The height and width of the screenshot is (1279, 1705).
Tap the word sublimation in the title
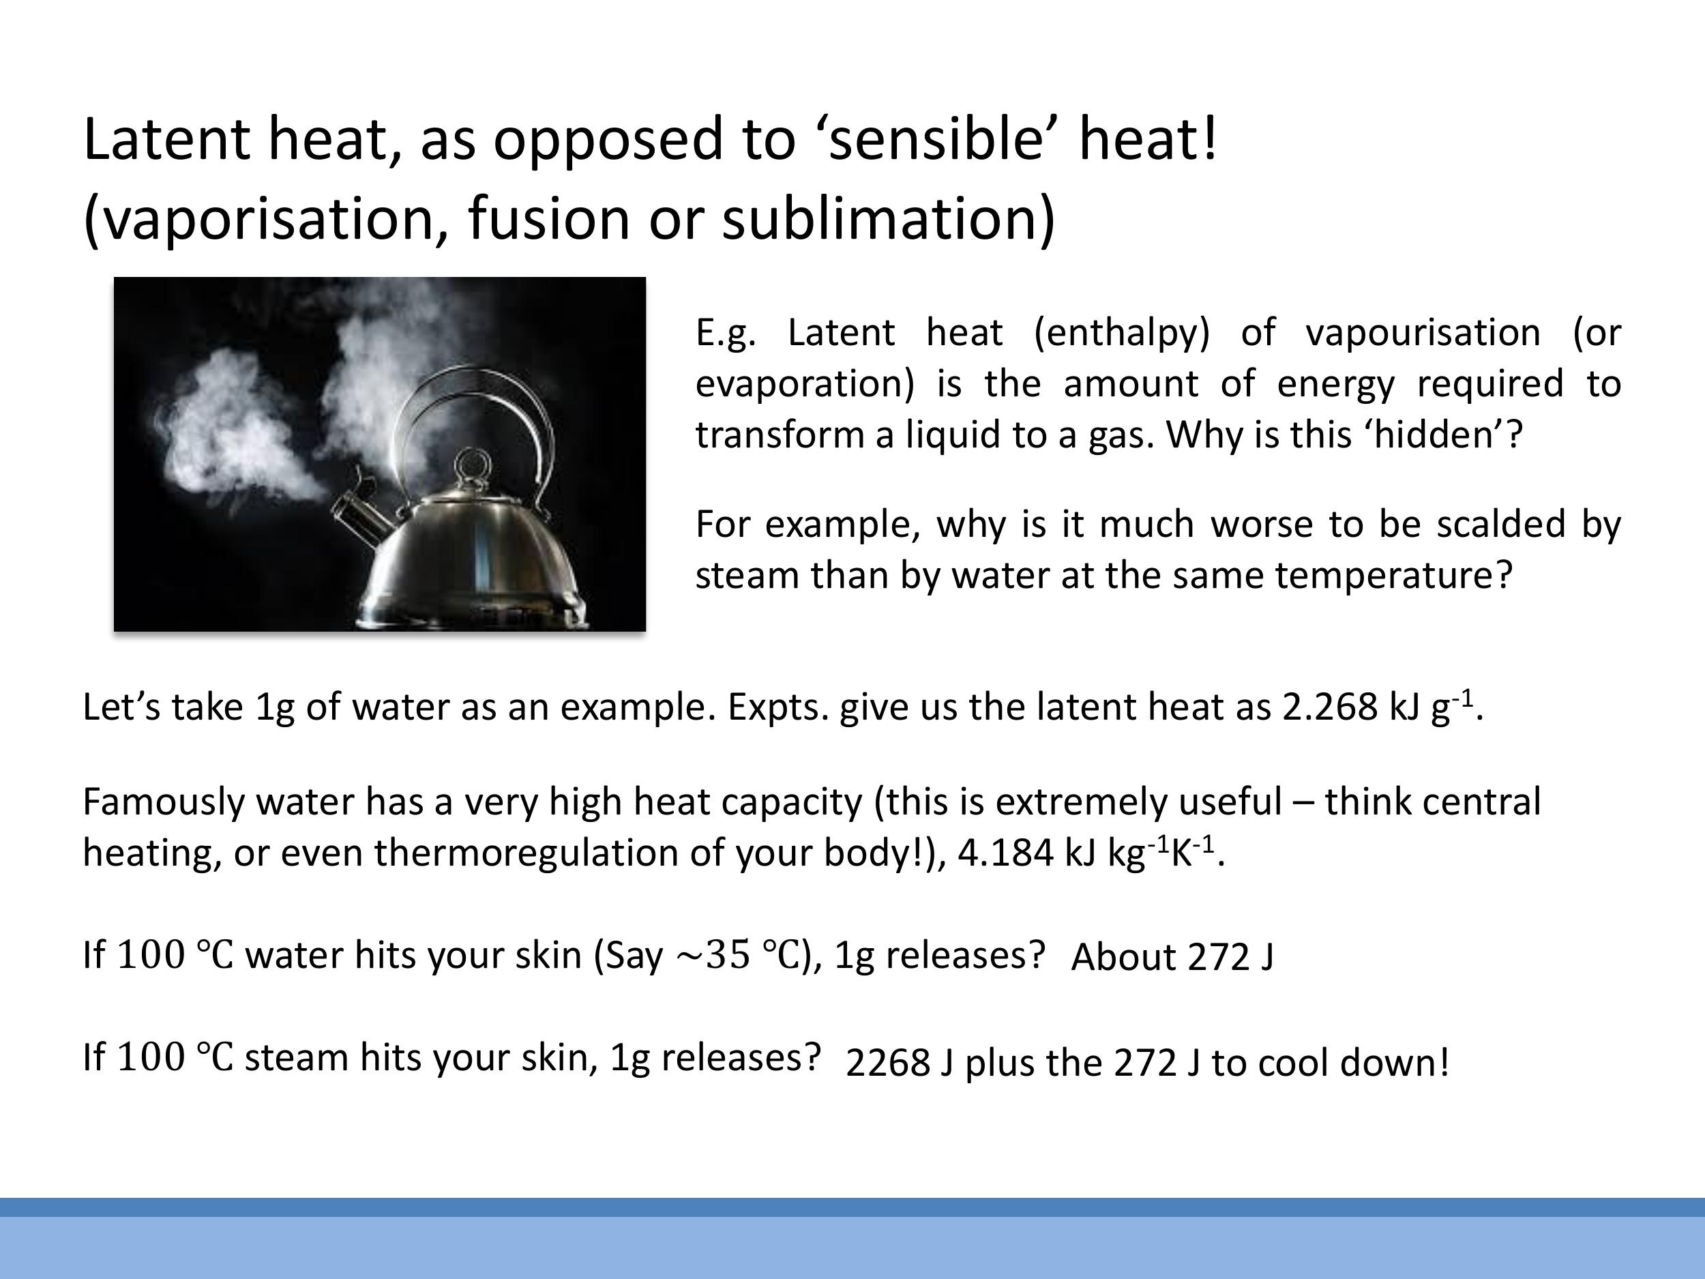pos(887,219)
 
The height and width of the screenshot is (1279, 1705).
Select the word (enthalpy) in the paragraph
pos(1121,333)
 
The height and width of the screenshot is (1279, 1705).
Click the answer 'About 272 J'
pos(1172,958)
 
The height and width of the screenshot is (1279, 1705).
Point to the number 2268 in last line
pos(887,1063)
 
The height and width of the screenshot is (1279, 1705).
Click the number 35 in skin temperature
pos(728,955)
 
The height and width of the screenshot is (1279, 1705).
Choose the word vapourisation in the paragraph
pos(1422,333)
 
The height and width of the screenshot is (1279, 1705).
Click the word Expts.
pos(777,707)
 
